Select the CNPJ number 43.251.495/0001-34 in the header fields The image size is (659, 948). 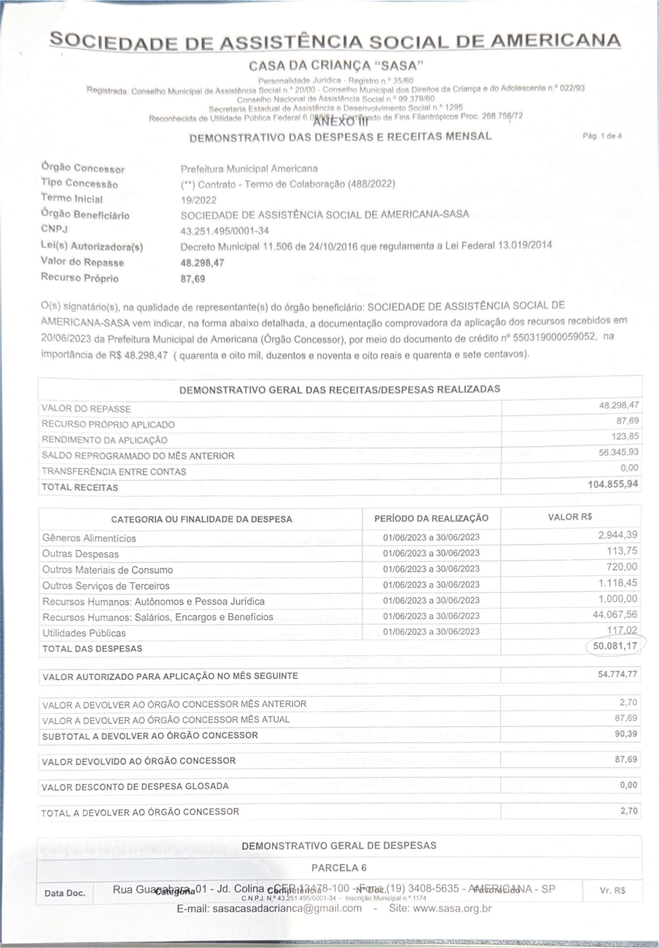[x=225, y=231]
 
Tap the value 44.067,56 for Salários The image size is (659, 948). [x=615, y=614]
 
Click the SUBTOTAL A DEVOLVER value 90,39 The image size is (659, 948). [x=626, y=734]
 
